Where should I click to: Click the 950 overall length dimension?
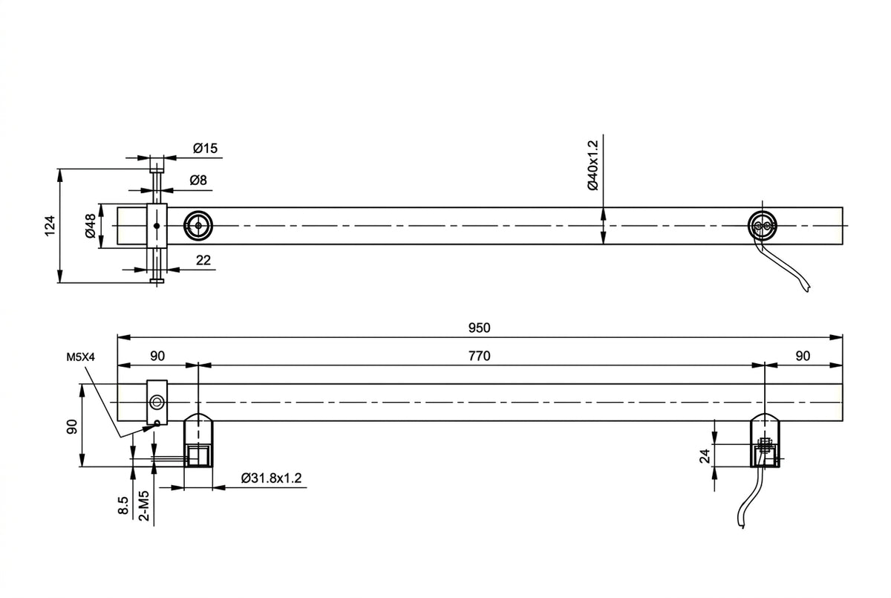pos(479,328)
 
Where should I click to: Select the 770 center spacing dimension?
pos(479,356)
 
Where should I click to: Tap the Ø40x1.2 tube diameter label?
pos(593,165)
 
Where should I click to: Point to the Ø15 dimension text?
pos(205,149)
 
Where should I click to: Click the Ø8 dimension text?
pos(198,181)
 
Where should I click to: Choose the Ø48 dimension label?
pos(91,226)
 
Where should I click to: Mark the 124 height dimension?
pos(50,226)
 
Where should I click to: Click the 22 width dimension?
pos(203,260)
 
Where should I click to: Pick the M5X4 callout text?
pos(81,357)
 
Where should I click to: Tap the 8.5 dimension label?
pos(123,505)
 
